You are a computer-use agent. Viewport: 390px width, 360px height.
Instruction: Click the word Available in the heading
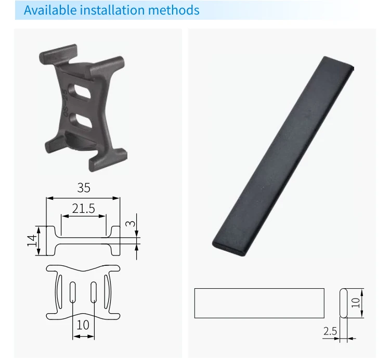coord(50,10)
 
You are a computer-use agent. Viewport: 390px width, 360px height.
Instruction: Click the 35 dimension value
coord(84,188)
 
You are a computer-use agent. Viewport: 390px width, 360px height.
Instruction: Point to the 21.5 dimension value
coord(84,209)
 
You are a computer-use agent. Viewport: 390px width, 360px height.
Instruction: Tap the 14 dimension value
coord(32,240)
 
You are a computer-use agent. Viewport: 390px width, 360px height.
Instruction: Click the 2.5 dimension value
coord(330,331)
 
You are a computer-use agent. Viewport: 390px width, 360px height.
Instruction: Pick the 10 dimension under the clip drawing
coord(83,325)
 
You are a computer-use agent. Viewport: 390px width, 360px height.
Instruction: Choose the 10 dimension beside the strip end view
coord(356,303)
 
